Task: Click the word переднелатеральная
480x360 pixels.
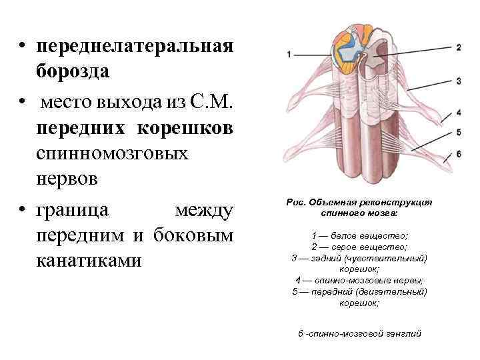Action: (135, 47)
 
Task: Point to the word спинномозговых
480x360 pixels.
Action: (113, 154)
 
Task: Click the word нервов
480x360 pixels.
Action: (67, 179)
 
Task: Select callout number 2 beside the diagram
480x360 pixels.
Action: (459, 47)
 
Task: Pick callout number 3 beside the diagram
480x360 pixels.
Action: (459, 81)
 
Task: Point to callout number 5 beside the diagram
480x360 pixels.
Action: (459, 132)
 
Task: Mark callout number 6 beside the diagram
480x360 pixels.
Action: (459, 153)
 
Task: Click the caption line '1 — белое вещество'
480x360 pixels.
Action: (359, 236)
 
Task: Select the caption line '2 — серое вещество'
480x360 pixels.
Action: (359, 247)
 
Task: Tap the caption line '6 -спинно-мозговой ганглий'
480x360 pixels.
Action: (359, 333)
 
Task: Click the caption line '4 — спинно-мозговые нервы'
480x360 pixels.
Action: (359, 280)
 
